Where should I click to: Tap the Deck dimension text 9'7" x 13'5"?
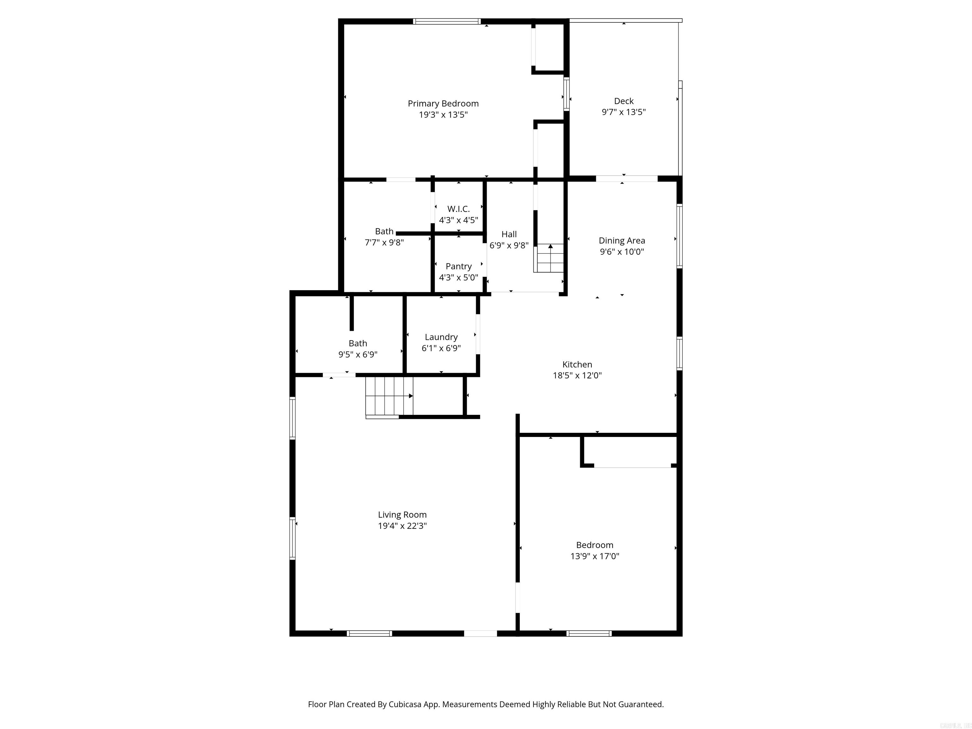pyautogui.click(x=624, y=112)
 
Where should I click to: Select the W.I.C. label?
pyautogui.click(x=458, y=209)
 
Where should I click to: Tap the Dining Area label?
pyautogui.click(x=622, y=241)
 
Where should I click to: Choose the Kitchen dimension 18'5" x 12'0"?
pyautogui.click(x=577, y=376)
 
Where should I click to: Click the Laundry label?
pyautogui.click(x=441, y=337)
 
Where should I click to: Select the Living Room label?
pyautogui.click(x=402, y=514)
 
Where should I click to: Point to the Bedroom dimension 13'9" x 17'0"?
pyautogui.click(x=595, y=556)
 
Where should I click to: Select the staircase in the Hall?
pyautogui.click(x=549, y=259)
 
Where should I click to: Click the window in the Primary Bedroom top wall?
pyautogui.click(x=446, y=21)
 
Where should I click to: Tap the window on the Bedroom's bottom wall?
pyautogui.click(x=589, y=633)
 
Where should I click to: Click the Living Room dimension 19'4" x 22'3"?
pyautogui.click(x=402, y=526)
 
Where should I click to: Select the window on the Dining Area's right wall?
pyautogui.click(x=679, y=236)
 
